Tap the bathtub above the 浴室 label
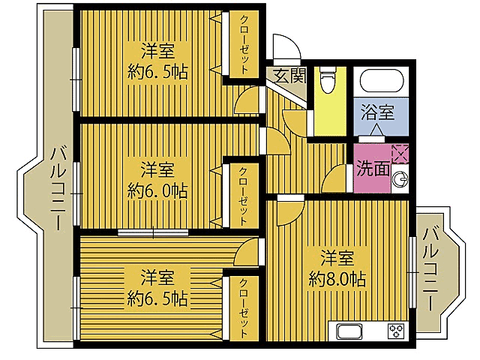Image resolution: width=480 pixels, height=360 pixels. (x=382, y=81)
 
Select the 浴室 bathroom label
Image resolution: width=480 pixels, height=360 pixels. (x=377, y=112)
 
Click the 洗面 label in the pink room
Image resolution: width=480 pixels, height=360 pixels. (x=373, y=168)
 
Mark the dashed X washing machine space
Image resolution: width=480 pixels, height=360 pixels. (x=400, y=154)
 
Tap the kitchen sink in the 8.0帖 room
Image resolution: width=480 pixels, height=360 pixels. (x=349, y=331)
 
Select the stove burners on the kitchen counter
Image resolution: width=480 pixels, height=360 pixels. (x=396, y=331)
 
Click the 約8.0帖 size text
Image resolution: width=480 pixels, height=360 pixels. (x=337, y=279)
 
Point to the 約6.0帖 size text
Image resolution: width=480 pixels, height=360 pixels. (x=157, y=190)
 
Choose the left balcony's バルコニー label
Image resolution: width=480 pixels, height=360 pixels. (x=58, y=188)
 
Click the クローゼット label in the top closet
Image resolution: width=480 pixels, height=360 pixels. (x=244, y=45)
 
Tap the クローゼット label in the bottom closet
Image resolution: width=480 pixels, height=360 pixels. (x=244, y=307)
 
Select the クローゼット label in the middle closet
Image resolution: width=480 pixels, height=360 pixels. (x=243, y=196)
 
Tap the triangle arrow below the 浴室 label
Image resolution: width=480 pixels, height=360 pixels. (x=376, y=130)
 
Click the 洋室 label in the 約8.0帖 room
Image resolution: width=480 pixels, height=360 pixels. (x=337, y=257)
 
